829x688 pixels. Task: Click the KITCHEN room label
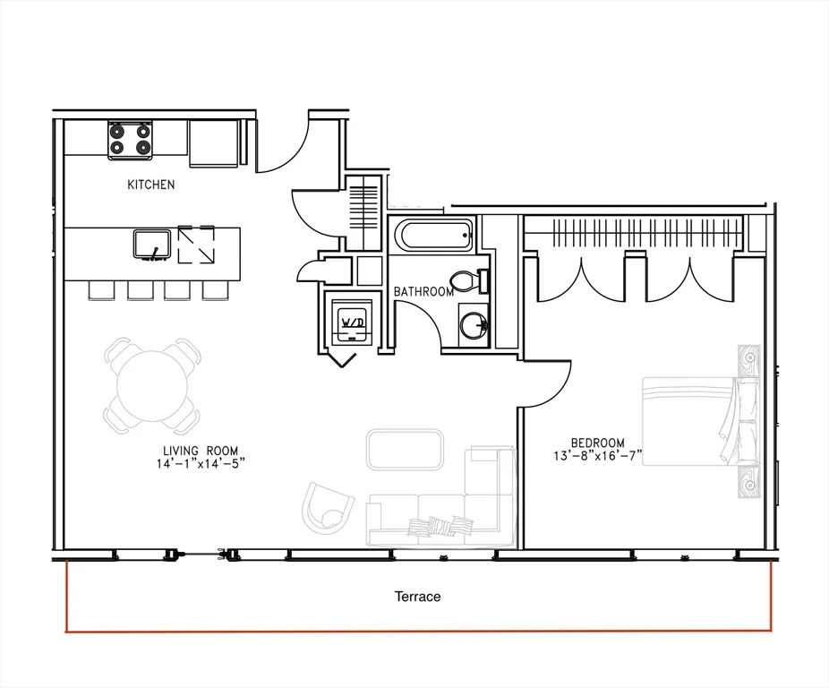click(x=150, y=185)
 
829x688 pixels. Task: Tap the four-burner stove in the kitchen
click(x=130, y=140)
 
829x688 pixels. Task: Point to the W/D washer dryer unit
click(x=352, y=322)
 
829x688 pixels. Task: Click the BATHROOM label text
click(x=423, y=292)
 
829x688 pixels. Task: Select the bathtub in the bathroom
click(x=432, y=236)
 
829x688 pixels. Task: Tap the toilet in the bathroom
click(x=471, y=281)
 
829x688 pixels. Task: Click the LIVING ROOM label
click(x=201, y=451)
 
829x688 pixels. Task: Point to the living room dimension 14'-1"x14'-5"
click(x=201, y=464)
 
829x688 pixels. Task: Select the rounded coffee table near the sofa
click(x=405, y=450)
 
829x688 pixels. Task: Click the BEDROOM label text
click(x=597, y=443)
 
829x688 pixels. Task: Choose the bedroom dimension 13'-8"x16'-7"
click(x=597, y=455)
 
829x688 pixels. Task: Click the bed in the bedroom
click(x=701, y=421)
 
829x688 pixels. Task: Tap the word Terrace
click(x=418, y=597)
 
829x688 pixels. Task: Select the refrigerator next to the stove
click(x=214, y=143)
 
